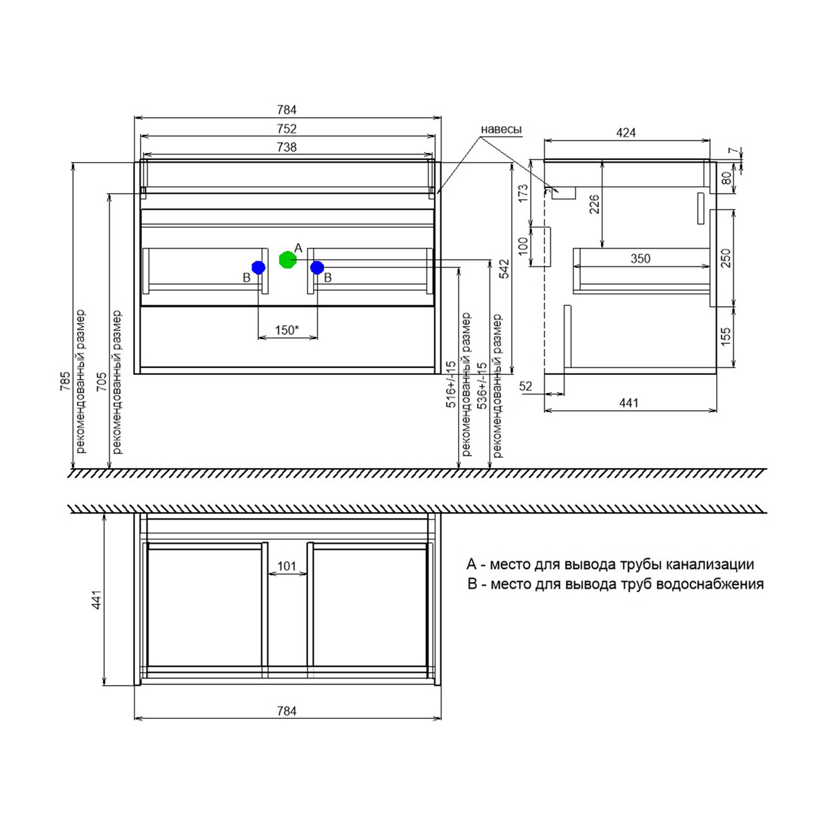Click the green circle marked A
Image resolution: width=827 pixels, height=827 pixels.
(287, 260)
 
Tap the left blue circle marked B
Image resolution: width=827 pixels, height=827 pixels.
(258, 267)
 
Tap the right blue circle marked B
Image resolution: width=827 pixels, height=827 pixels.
(317, 267)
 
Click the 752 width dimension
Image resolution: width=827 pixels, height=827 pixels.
(287, 129)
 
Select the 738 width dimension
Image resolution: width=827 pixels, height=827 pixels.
(287, 147)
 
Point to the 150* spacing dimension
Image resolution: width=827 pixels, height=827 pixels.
(287, 330)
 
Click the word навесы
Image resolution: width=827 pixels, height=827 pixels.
(501, 129)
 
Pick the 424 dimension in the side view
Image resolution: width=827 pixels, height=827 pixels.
(626, 132)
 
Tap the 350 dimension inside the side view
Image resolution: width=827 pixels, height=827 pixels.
(640, 258)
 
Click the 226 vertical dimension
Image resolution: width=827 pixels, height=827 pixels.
(594, 205)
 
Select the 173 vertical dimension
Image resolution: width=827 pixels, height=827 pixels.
(522, 193)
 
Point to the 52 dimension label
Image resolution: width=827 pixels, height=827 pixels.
(526, 386)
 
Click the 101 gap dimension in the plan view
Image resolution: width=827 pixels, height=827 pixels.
(287, 566)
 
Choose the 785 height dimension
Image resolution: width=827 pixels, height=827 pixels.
(65, 381)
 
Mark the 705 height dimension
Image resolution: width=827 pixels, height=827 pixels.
(101, 381)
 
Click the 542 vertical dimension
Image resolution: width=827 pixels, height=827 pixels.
(504, 269)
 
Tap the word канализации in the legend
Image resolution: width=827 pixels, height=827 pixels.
(710, 564)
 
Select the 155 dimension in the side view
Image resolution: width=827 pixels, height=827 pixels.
(724, 337)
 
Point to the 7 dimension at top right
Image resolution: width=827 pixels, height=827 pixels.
(734, 151)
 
